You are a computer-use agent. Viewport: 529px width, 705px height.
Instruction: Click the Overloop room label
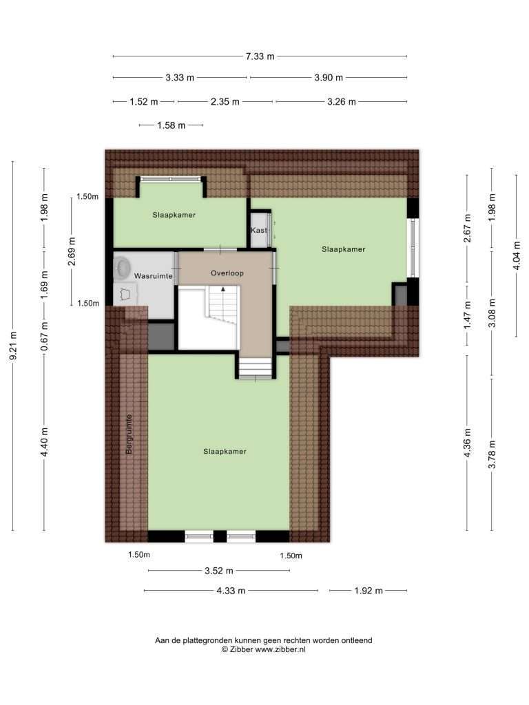[x=227, y=273]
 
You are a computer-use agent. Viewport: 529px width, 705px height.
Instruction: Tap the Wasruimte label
[x=154, y=276]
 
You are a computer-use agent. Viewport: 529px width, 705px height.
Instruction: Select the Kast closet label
[x=259, y=230]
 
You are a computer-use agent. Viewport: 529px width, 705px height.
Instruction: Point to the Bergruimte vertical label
[x=129, y=434]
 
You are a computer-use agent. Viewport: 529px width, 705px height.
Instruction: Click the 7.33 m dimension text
[x=260, y=56]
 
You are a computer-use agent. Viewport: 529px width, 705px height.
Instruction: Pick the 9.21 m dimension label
[x=13, y=346]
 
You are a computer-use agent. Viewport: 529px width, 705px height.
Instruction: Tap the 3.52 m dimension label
[x=219, y=571]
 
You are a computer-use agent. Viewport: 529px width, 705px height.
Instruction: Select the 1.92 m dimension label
[x=369, y=591]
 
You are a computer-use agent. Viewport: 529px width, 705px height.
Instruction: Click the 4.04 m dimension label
[x=517, y=255]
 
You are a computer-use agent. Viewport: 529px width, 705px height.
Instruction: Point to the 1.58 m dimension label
[x=172, y=125]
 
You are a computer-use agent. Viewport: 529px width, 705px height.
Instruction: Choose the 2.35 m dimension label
[x=225, y=102]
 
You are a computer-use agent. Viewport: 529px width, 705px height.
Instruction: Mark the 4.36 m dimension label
[x=468, y=443]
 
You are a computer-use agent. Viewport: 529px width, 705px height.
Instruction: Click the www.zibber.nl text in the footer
[x=280, y=649]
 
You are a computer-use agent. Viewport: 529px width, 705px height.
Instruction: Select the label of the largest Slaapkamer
[x=225, y=452]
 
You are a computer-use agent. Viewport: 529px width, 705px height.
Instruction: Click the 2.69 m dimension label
[x=72, y=251]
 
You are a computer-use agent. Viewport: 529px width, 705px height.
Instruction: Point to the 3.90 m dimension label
[x=329, y=78]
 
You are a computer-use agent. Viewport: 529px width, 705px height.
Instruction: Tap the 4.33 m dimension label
[x=231, y=591]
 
